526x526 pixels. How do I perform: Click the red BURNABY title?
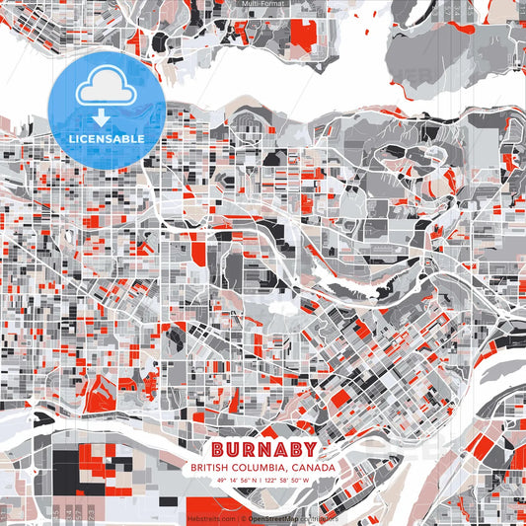coord(263,448)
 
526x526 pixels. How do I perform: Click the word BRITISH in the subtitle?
coord(214,468)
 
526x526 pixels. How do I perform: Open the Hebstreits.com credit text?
coord(212,517)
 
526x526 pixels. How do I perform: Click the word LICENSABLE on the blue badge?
coord(107,138)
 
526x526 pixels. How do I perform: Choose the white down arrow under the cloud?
coord(102,117)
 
